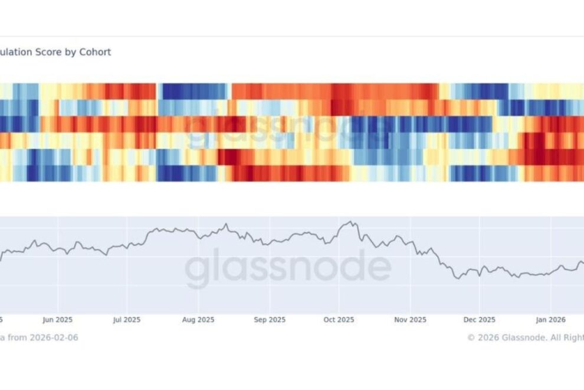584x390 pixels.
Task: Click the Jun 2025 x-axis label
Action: [57, 320]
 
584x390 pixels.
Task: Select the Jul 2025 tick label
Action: [126, 320]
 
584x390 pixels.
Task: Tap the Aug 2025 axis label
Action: [198, 320]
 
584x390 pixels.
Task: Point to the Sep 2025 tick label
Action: [269, 320]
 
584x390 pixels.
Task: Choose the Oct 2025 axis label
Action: [339, 320]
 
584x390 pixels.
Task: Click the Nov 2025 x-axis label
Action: [410, 320]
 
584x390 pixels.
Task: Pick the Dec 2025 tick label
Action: [479, 320]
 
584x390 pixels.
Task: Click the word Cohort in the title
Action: [95, 52]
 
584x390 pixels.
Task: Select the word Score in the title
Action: [51, 52]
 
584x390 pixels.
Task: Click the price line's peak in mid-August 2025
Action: [225, 225]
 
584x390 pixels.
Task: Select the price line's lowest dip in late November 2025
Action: [457, 278]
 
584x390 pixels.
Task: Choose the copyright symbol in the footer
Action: [471, 337]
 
